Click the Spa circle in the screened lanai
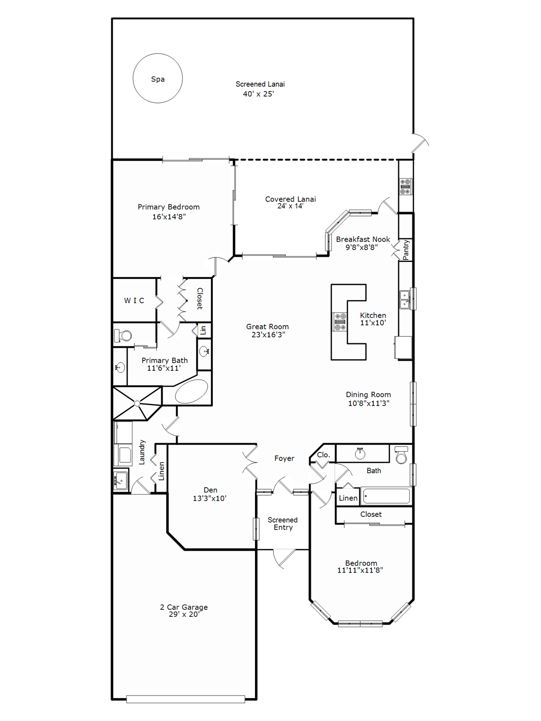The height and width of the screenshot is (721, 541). coord(157,78)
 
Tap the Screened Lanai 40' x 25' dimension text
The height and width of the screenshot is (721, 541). coord(258,94)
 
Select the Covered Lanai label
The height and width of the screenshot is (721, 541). coord(290,199)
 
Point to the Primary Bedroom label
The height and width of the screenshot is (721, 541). coord(169,207)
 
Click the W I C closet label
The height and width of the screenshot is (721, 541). coord(134,300)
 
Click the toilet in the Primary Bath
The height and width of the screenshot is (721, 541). coord(123,336)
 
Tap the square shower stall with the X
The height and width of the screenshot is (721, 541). coord(137,403)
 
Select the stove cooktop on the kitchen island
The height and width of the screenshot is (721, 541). coord(340,322)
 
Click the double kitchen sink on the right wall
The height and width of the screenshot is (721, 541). coord(405,299)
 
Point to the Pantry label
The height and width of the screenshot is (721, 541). coord(406,250)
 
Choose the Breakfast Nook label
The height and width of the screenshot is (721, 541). coord(363,239)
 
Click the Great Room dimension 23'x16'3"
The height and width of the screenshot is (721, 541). coord(268,335)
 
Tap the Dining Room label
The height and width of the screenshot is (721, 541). coord(368,395)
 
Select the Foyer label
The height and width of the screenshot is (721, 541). coord(284,458)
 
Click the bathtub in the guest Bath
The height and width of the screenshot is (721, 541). coord(386,496)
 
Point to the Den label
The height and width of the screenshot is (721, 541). coord(210,490)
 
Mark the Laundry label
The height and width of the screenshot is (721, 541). coord(142,453)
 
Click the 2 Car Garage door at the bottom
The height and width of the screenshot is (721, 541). coord(185,699)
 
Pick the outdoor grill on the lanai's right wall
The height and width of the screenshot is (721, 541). coord(406,186)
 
